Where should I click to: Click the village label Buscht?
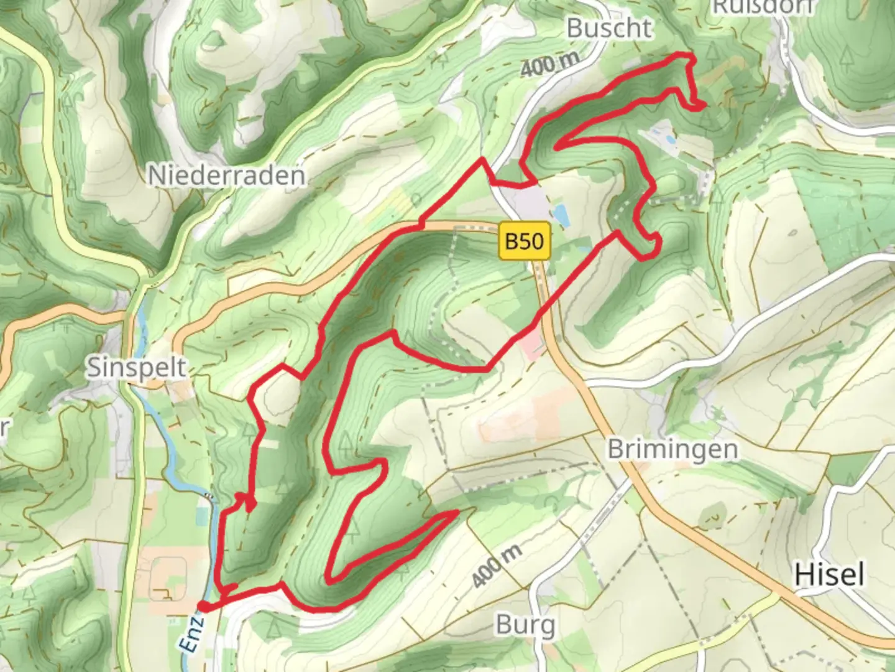coord(609,28)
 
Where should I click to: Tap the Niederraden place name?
coord(227,175)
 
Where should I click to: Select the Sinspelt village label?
coord(136,367)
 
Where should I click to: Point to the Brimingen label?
coord(672,449)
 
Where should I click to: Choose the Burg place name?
coord(526,624)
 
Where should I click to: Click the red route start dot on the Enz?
coord(203,607)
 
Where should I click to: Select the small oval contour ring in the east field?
coord(794,233)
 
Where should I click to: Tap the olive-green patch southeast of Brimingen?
coord(712,515)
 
